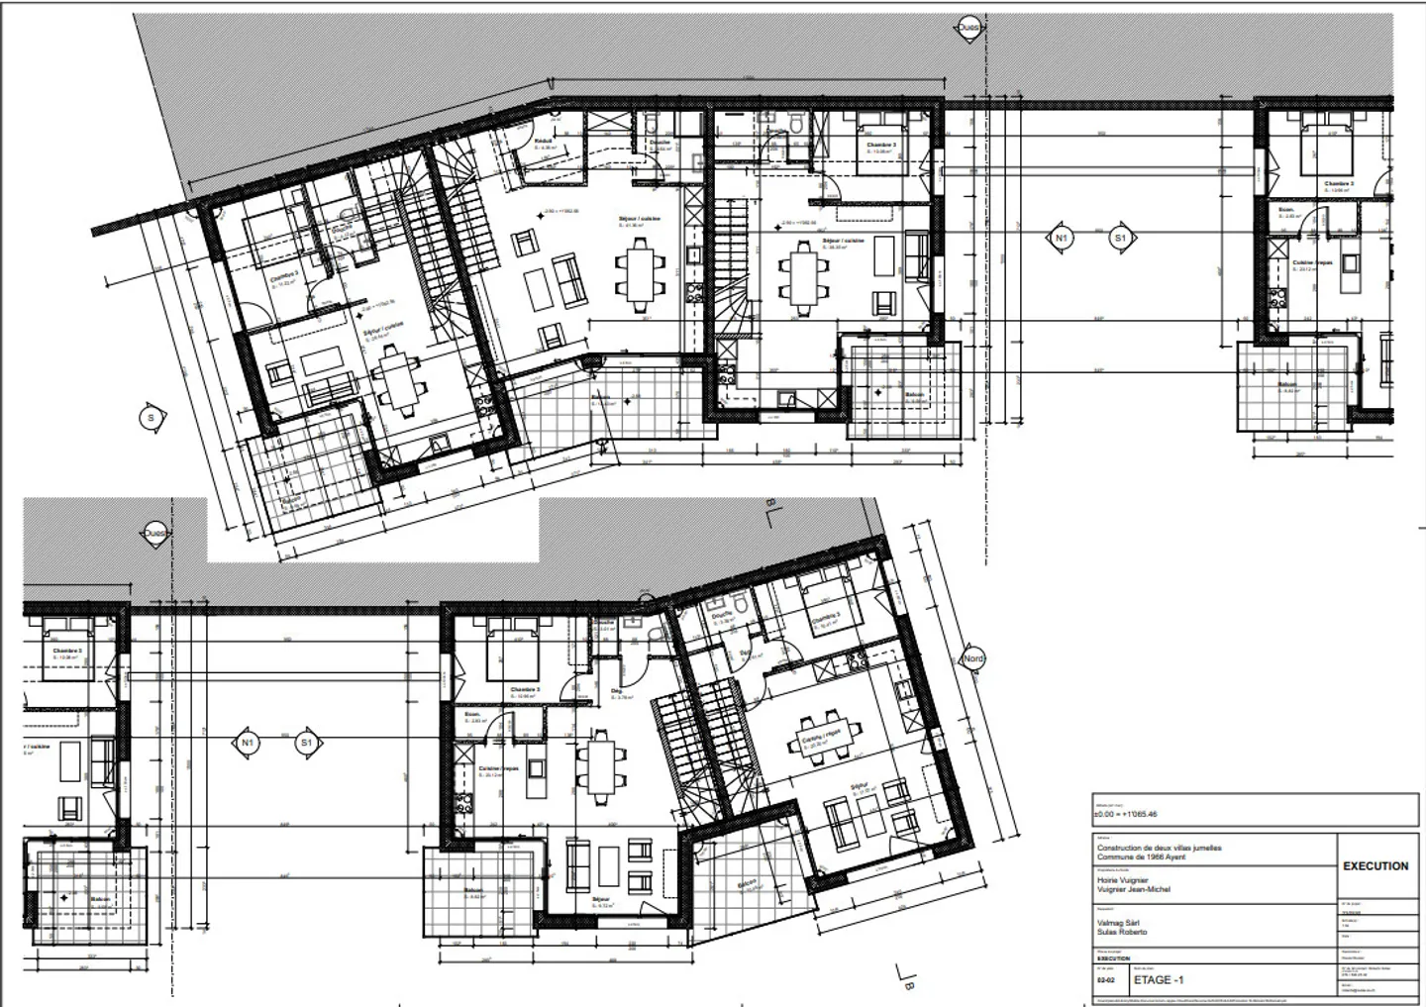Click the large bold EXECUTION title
pos(1375,866)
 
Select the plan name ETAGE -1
pos(1158,980)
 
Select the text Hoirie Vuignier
pos(1122,880)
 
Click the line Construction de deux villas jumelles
pos(1159,849)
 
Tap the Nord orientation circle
pos(973,659)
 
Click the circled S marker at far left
pos(151,419)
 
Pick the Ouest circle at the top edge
pos(968,29)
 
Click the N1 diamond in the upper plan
pos(1061,239)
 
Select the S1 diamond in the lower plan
pos(307,743)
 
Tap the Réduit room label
pos(543,142)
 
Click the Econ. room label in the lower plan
pos(471,714)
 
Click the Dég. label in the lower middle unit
pos(615,691)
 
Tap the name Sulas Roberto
pos(1122,933)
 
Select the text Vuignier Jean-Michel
pos(1133,890)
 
